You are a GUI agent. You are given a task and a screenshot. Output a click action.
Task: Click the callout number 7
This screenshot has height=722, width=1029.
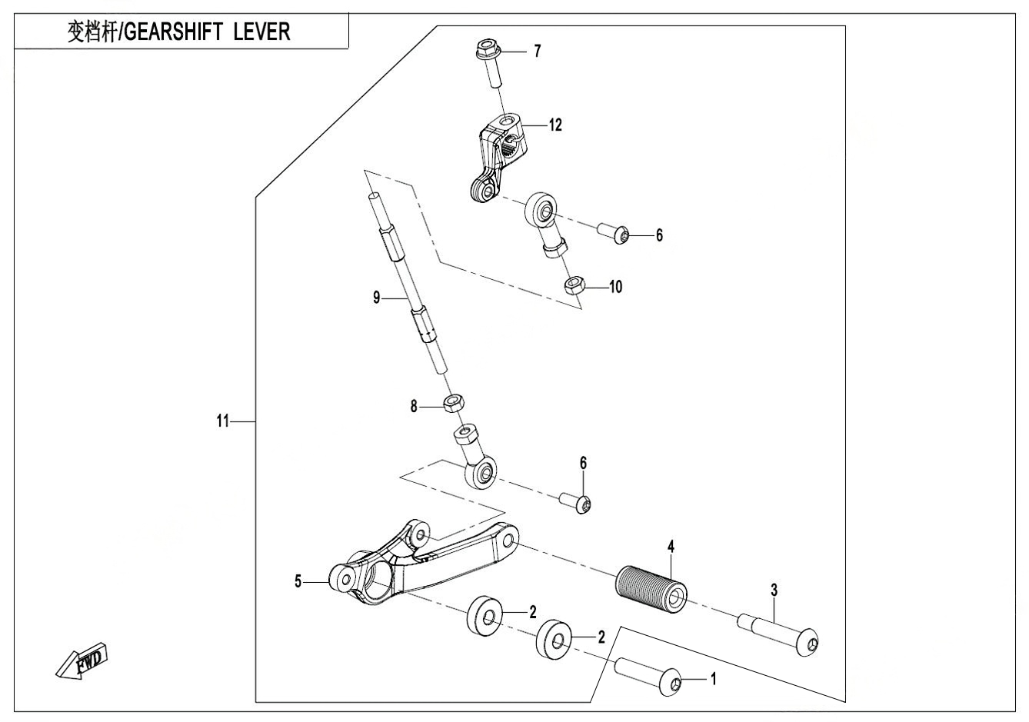click(538, 52)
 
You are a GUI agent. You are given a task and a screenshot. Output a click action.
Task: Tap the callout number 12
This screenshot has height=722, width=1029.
click(554, 125)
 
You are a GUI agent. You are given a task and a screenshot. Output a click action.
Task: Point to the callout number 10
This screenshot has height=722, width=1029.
click(615, 288)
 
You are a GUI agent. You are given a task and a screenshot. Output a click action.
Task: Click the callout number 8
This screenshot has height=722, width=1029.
click(414, 407)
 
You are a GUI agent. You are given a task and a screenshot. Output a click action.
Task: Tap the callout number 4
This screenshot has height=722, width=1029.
click(671, 547)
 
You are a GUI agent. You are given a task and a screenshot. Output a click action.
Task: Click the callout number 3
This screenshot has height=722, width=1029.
click(774, 591)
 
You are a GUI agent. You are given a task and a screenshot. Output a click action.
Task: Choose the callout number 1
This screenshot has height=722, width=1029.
click(713, 680)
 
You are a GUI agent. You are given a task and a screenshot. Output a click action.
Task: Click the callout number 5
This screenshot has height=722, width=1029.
click(298, 582)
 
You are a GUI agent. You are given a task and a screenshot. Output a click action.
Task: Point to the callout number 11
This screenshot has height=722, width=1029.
click(222, 421)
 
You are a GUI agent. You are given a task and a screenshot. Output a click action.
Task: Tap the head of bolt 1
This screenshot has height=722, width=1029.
click(671, 683)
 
